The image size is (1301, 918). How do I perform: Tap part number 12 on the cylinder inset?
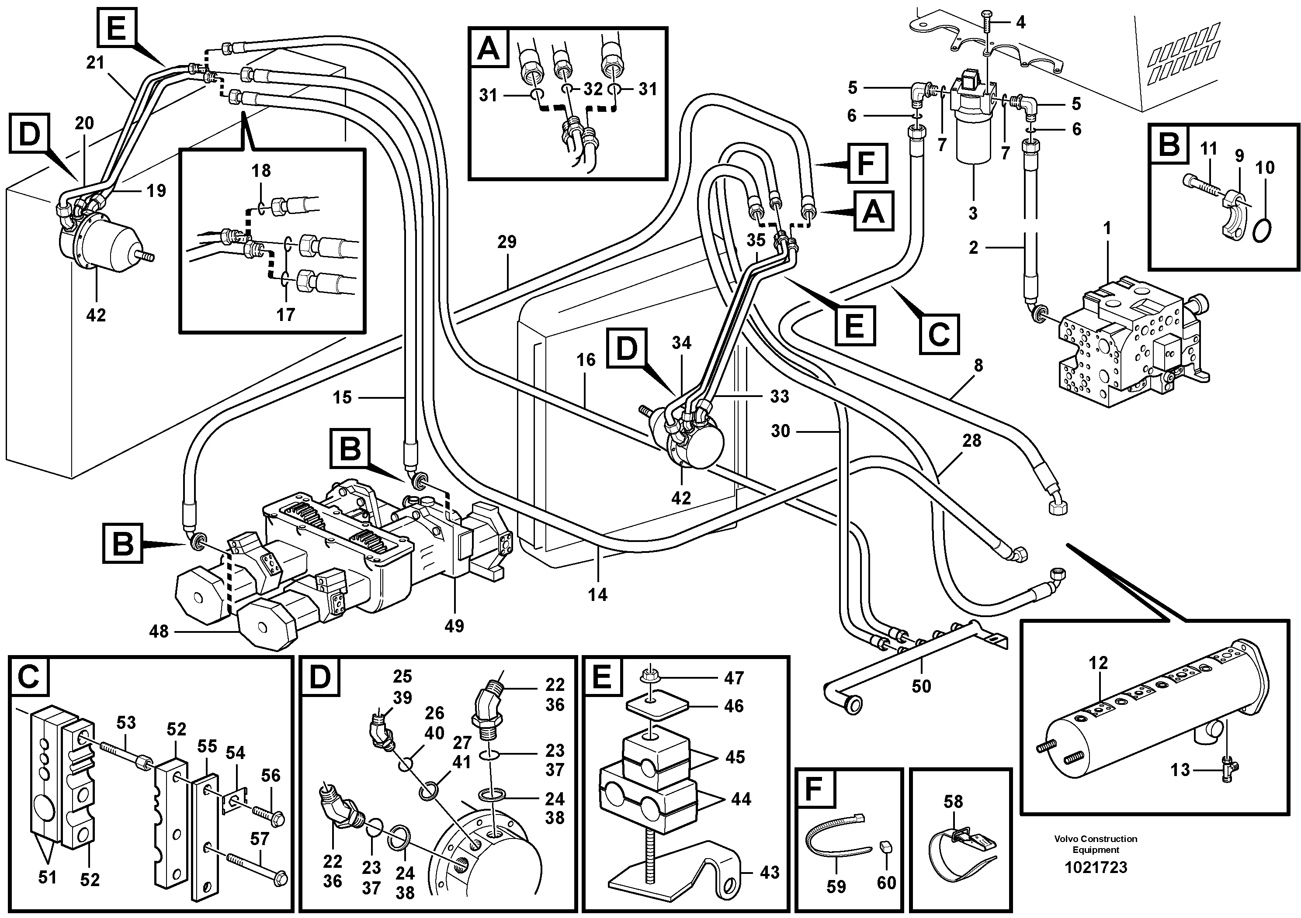(x=1098, y=663)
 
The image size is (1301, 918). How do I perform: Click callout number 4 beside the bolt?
(x=1020, y=23)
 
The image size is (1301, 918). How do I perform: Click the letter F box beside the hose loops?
(x=867, y=164)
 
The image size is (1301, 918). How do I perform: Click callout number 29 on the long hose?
(x=507, y=242)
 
